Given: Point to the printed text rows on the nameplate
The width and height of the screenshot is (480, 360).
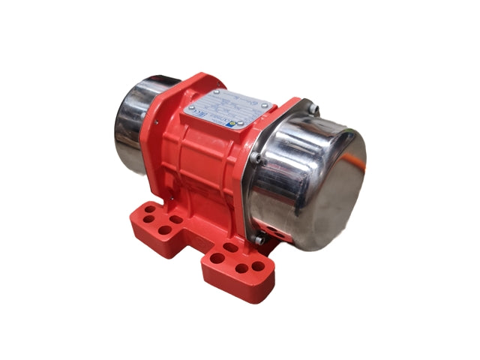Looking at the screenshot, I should coord(225,105).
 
